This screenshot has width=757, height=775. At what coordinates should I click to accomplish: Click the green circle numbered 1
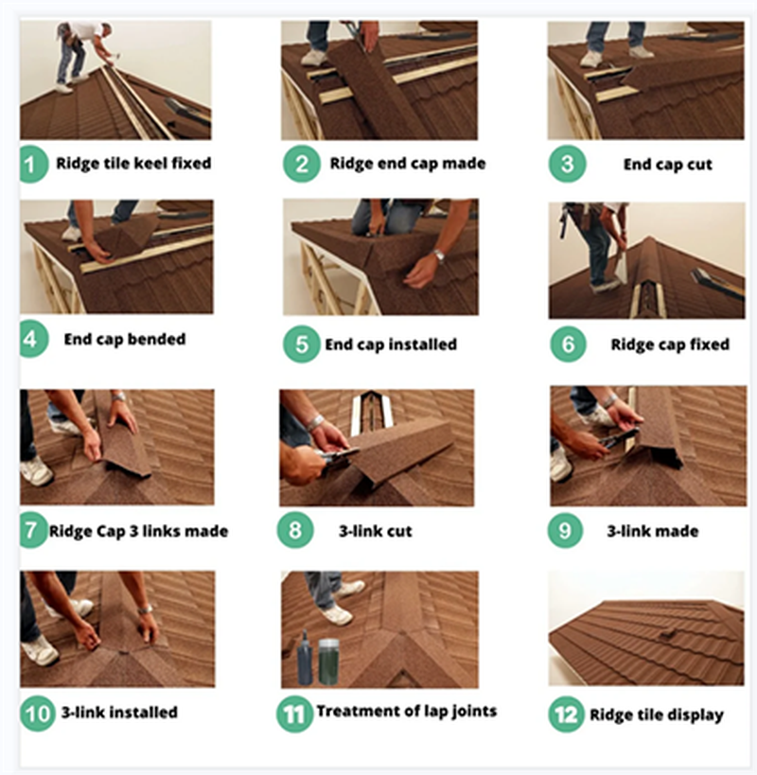coord(32,164)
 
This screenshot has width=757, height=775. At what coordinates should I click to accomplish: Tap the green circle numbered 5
coord(302,344)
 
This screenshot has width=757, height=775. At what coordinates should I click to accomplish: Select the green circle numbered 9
coord(565,530)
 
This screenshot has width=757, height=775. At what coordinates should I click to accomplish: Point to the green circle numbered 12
coord(566,714)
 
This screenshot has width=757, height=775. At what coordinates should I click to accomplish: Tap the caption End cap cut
coord(667,165)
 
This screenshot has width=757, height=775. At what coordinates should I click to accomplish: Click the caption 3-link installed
coord(119,713)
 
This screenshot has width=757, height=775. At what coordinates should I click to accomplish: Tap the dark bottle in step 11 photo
coord(305,658)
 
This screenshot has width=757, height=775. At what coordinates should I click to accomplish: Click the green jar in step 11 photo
coord(328,661)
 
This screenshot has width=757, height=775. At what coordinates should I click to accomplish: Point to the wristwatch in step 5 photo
coord(438,255)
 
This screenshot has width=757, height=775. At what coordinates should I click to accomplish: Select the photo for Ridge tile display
coord(646,628)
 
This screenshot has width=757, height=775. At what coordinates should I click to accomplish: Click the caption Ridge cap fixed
coord(670,344)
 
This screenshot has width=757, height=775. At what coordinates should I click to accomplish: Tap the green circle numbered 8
coord(295,530)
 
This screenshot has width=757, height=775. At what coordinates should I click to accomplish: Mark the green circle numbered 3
coord(567,164)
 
